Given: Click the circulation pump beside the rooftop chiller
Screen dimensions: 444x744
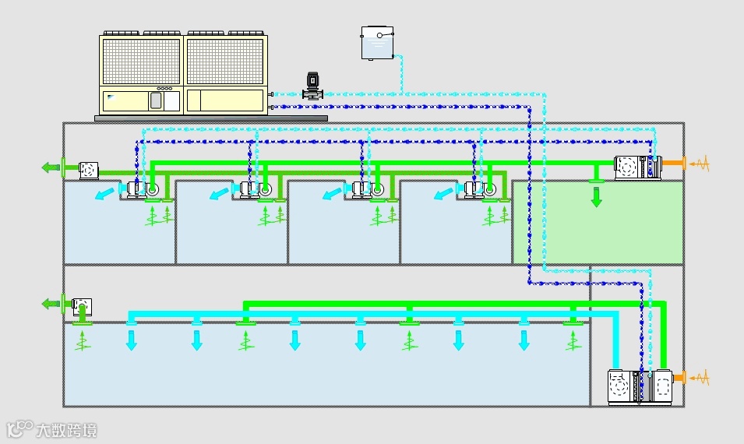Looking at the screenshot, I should tap(312, 86).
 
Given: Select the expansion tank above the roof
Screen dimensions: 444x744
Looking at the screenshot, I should tap(377, 42).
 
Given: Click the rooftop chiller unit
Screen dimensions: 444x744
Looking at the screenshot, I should tap(183, 74).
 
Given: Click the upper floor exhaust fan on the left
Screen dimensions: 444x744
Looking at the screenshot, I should tap(88, 168).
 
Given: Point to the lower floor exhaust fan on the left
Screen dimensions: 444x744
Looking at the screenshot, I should tap(82, 305).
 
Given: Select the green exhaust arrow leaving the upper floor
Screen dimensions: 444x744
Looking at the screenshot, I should tap(52, 167).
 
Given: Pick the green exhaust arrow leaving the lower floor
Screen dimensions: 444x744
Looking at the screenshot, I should tap(52, 304).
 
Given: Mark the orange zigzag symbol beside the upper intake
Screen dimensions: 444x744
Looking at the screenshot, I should tap(700, 164).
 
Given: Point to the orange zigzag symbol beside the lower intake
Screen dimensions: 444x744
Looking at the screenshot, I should tap(700, 379).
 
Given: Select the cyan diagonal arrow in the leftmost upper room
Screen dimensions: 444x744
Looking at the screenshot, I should tap(104, 193).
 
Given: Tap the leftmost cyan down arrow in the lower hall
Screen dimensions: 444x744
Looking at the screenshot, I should tap(132, 340).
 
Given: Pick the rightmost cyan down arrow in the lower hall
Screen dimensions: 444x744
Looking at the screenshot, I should tap(524, 340).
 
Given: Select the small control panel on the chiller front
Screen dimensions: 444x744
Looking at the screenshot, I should tap(156, 100).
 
